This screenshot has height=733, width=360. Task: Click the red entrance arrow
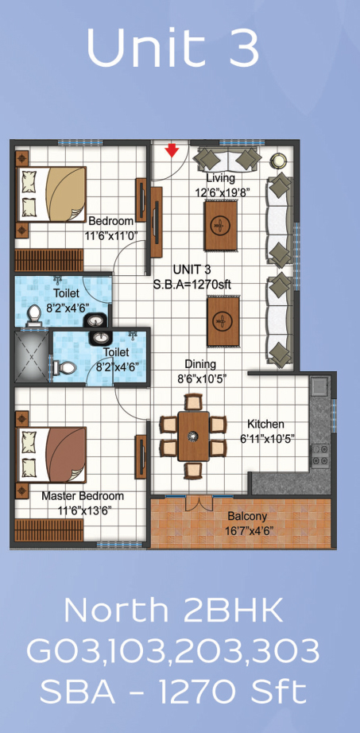172,150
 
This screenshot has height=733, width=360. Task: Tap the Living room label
221,177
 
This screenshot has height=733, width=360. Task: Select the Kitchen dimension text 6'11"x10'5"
265,439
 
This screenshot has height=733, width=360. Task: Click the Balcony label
247,516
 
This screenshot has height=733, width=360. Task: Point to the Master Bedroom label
83,496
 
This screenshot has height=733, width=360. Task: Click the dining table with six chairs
193,436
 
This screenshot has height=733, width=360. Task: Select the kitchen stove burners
320,455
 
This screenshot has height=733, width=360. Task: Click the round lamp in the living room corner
279,161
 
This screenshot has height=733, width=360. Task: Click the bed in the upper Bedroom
52,193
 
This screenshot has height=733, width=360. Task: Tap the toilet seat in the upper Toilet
33,316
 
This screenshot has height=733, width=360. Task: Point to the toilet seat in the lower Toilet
64,368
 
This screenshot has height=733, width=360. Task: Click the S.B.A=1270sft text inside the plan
192,284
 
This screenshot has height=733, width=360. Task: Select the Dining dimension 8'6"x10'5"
202,378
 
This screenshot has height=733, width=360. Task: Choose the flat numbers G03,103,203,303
173,651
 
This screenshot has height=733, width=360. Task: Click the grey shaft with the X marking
31,357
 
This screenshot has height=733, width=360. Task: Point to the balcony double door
199,502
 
